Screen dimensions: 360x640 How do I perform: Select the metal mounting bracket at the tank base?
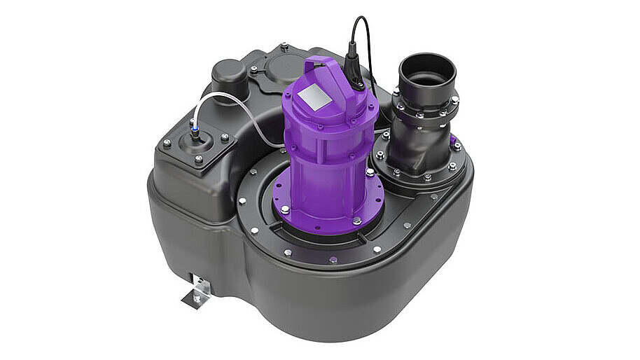click(x=197, y=289)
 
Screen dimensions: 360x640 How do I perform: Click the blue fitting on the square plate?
click(x=194, y=129)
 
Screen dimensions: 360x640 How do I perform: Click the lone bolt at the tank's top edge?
click(x=284, y=47)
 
